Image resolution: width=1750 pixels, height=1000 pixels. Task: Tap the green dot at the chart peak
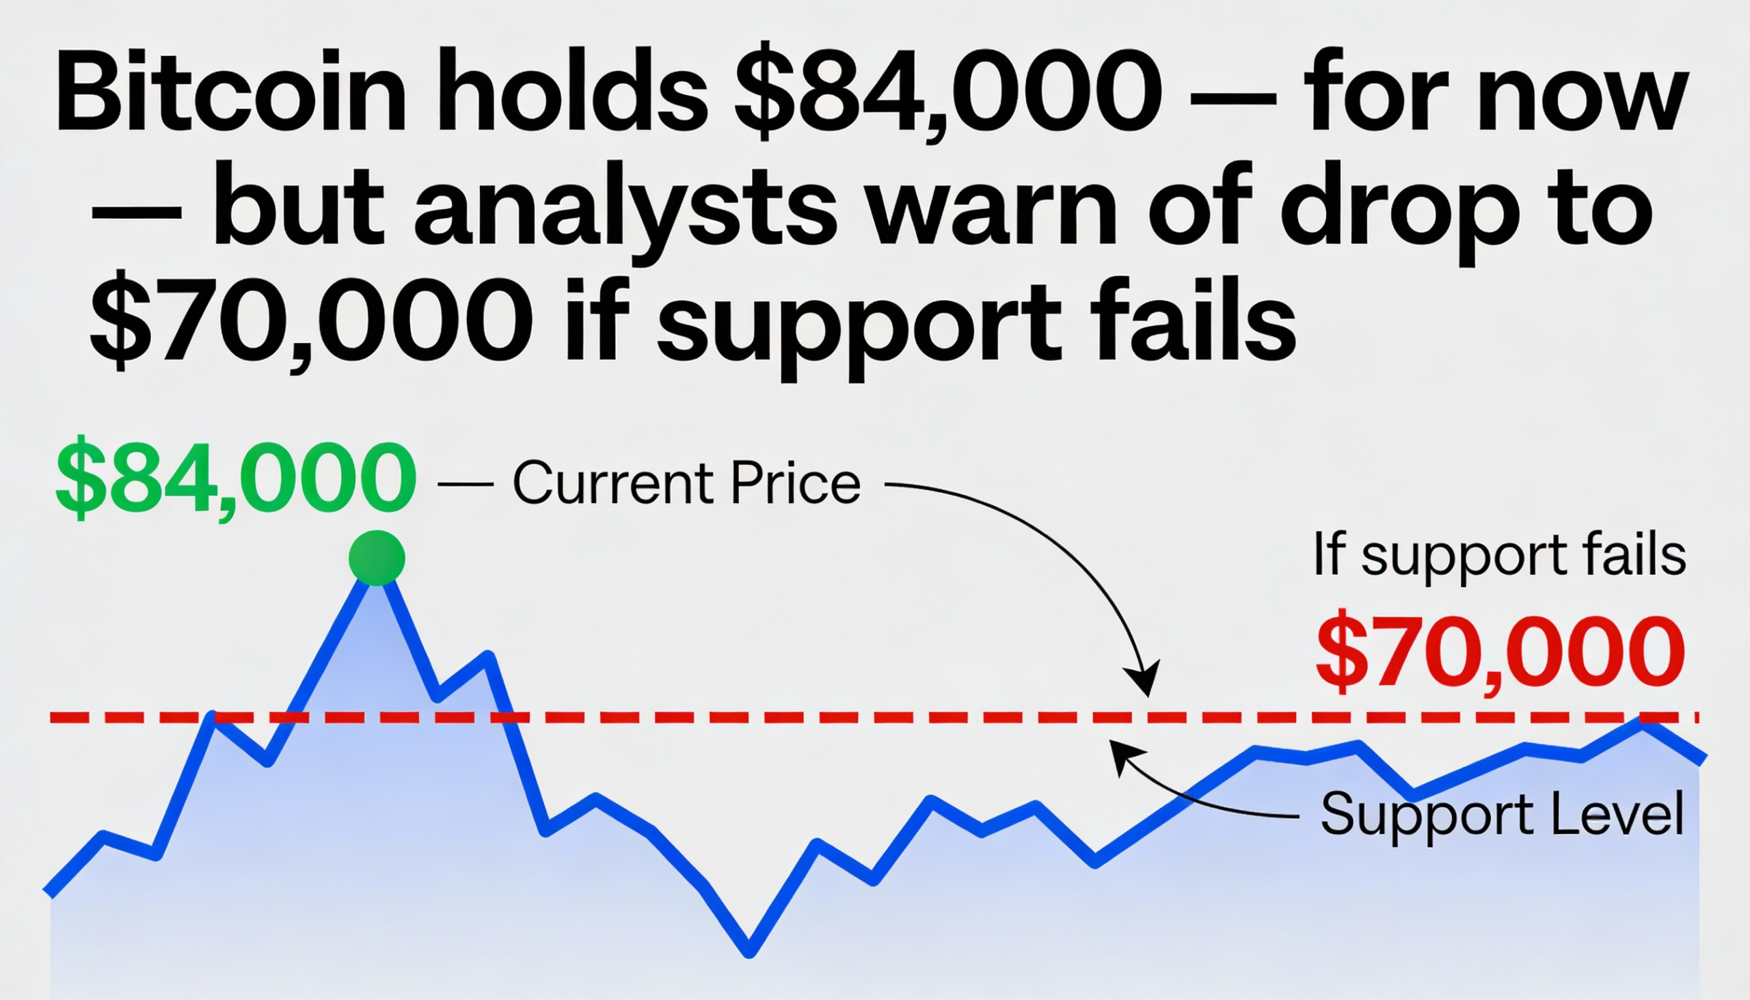pyautogui.click(x=377, y=558)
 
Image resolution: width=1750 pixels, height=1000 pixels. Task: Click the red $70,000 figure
pyautogui.click(x=1499, y=653)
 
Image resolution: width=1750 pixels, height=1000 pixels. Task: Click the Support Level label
pyautogui.click(x=1502, y=815)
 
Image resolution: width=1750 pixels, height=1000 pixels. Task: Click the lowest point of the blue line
pyautogui.click(x=749, y=952)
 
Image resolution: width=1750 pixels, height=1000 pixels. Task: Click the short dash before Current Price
pyautogui.click(x=465, y=484)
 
